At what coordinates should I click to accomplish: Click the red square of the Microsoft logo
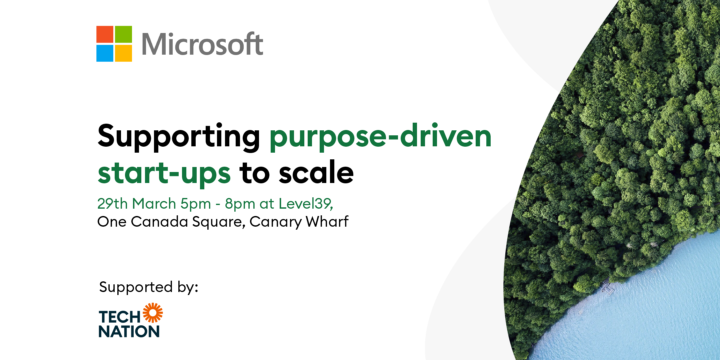tap(105, 34)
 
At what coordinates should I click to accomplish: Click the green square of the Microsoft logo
tap(124, 34)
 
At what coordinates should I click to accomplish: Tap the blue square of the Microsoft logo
tap(105, 53)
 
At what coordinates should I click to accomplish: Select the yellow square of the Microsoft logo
tap(124, 53)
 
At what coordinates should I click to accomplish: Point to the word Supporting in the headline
tap(179, 137)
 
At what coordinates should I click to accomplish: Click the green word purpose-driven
tap(381, 137)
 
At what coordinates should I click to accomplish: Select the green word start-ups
tap(164, 173)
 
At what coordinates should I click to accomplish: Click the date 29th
tap(112, 203)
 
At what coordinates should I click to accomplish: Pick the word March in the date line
tap(154, 203)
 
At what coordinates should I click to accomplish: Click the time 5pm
tap(196, 204)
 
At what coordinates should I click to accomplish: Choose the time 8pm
tap(240, 204)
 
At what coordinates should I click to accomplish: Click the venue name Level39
tap(306, 204)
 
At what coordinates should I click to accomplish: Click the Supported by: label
tap(149, 287)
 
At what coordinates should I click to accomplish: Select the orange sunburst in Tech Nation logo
tap(153, 313)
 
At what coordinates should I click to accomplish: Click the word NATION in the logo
tap(129, 332)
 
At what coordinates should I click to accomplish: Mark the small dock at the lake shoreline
tap(607, 288)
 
